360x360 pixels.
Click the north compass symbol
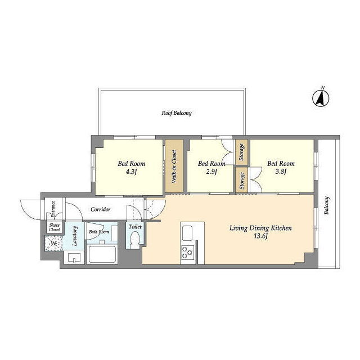click(321, 98)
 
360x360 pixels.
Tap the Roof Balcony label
click(177, 113)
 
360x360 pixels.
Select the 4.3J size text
click(131, 172)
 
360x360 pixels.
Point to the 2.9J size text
click(211, 172)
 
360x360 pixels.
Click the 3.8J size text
click(281, 172)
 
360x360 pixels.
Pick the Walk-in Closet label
click(174, 166)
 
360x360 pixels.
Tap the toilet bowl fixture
click(135, 240)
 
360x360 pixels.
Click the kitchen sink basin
click(187, 233)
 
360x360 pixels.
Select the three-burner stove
click(187, 253)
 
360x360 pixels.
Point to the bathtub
click(102, 254)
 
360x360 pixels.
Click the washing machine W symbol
click(54, 244)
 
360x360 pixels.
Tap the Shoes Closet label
click(55, 227)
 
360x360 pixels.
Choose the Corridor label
click(100, 209)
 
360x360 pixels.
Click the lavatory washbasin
click(74, 258)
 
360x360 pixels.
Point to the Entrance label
click(53, 209)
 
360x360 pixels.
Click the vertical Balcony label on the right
click(326, 205)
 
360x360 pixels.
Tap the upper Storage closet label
click(241, 152)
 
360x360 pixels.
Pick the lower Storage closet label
click(241, 181)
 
